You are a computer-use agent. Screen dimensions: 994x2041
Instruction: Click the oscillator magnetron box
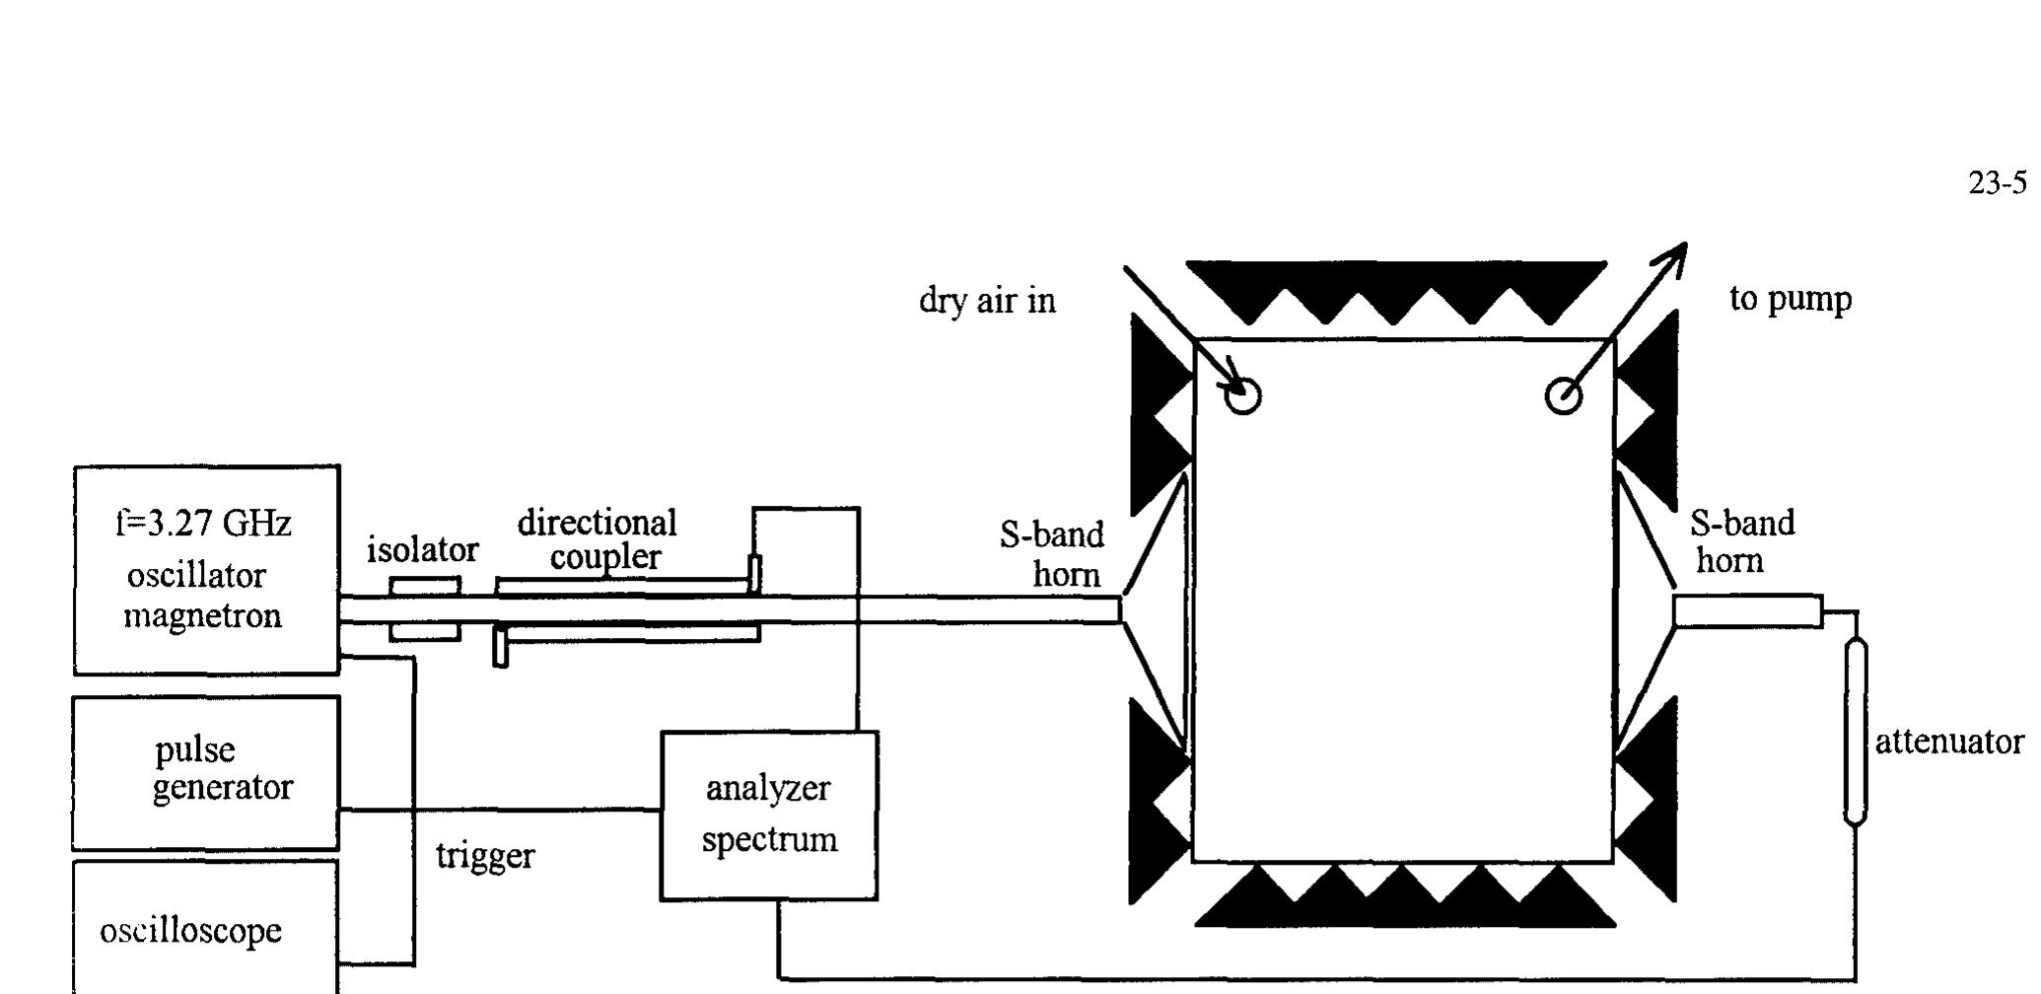206,570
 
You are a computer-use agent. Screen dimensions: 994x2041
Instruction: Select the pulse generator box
206,772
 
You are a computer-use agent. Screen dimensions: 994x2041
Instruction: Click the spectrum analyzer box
769,816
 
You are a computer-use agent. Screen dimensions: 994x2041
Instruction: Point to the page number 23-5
1998,183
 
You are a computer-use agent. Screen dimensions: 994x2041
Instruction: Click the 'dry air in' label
987,300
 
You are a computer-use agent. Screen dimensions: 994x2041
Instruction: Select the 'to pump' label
1791,298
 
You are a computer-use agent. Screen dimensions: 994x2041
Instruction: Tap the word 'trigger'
485,855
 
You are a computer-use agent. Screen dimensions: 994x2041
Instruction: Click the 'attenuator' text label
1948,742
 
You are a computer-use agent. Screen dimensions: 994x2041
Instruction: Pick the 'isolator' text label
422,549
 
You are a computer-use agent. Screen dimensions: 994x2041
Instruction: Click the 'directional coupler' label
598,539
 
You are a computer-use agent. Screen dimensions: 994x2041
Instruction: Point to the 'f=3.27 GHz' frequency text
203,523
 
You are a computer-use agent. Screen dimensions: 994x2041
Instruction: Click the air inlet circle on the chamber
1242,396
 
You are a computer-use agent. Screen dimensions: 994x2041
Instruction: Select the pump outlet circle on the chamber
1564,396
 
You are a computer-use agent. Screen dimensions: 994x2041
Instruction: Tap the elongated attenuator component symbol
1855,731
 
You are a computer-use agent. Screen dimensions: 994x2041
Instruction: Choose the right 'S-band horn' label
1741,541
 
